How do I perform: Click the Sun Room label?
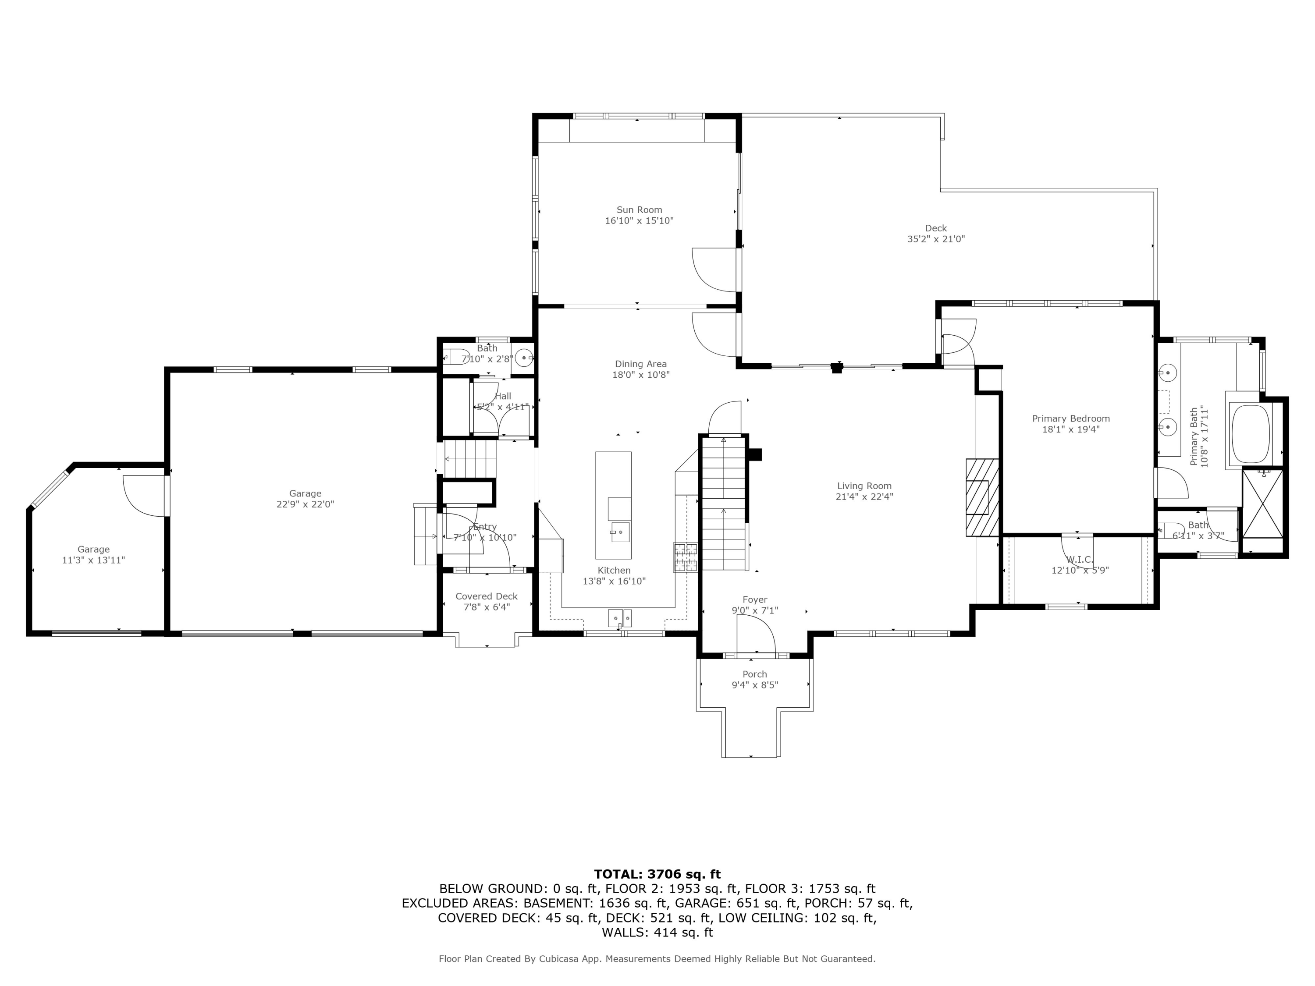(639, 210)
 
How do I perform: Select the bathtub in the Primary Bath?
(1250, 434)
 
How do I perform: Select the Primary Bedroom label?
(1071, 419)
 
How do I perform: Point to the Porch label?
(754, 674)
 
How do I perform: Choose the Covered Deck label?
(486, 596)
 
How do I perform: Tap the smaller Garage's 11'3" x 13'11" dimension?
(93, 560)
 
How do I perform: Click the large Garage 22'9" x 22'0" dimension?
(306, 504)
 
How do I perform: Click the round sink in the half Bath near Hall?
(523, 357)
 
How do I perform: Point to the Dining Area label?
(641, 364)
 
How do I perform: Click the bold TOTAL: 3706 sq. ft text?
(657, 874)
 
